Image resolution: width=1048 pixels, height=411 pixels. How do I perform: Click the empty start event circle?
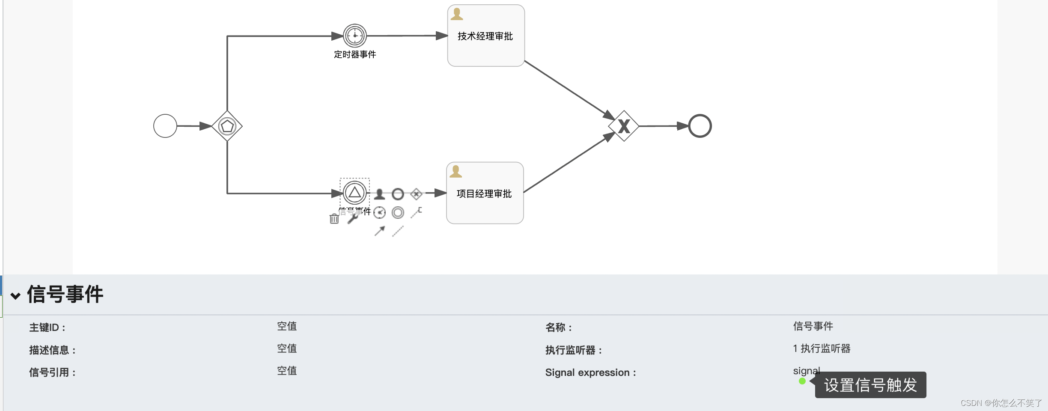165,126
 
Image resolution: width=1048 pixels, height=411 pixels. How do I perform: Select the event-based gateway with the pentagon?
227,126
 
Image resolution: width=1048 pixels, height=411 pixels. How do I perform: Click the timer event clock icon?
355,36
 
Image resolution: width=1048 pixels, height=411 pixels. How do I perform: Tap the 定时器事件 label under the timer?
355,54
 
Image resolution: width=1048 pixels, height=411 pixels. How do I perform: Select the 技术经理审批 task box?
486,36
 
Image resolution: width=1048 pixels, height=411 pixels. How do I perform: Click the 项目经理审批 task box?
485,194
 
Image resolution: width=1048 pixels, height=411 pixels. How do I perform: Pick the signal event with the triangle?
355,193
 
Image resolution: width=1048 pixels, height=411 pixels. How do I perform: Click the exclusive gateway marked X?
624,126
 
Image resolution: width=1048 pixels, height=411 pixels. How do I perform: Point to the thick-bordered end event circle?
700,126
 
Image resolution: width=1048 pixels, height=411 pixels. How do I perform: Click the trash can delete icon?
334,219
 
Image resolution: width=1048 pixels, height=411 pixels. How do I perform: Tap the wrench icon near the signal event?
353,219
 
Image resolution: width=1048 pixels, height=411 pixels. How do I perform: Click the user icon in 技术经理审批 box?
457,14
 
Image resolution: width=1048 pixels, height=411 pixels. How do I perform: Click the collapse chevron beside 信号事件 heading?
15,296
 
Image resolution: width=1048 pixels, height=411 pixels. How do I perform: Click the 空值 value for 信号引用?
287,371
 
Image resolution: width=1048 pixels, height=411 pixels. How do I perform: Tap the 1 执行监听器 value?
822,348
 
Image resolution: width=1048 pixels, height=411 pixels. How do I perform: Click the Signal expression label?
590,372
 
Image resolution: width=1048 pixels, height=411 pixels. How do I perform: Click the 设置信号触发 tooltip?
870,385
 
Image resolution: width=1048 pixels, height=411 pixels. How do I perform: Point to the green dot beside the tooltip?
802,381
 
